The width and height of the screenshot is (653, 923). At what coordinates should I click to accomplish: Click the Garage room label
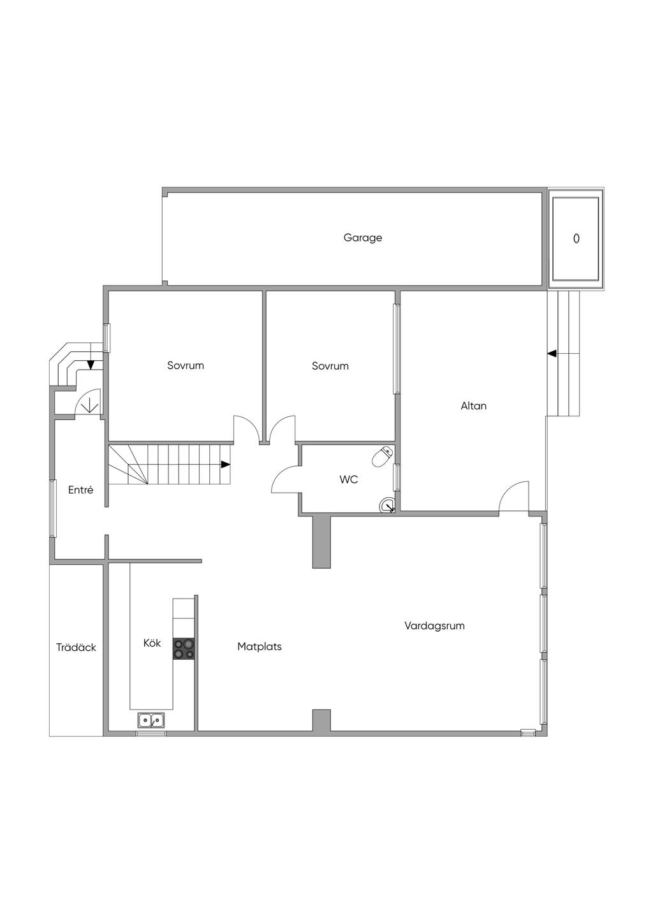tap(363, 238)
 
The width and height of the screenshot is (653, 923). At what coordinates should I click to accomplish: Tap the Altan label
tap(474, 405)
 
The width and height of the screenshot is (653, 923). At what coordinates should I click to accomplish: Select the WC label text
tap(349, 479)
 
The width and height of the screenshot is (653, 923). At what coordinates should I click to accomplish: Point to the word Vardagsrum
tap(434, 626)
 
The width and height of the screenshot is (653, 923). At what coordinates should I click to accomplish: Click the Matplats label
tap(260, 646)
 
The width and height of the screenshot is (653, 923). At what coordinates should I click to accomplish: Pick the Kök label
tap(152, 643)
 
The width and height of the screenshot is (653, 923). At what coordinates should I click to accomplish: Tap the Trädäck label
tap(76, 648)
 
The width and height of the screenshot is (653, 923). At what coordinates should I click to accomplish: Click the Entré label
tap(81, 490)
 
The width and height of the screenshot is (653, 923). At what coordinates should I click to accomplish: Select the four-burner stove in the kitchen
tap(184, 649)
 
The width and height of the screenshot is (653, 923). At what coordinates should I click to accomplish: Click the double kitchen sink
tap(151, 720)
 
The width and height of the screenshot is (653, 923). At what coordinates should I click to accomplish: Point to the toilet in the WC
tap(382, 456)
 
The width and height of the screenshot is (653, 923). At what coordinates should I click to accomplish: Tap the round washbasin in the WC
tap(387, 506)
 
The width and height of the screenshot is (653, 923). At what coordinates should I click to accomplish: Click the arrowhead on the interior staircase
tap(226, 465)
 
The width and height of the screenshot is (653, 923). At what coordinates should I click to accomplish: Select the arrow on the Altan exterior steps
tap(552, 353)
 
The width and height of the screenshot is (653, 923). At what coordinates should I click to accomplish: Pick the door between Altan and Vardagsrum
tap(514, 496)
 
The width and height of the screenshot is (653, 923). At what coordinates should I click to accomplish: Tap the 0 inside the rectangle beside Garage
tap(576, 238)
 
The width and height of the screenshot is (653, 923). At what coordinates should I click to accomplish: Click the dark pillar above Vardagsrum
tap(321, 542)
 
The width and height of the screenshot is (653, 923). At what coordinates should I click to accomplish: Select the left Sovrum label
tap(186, 366)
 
